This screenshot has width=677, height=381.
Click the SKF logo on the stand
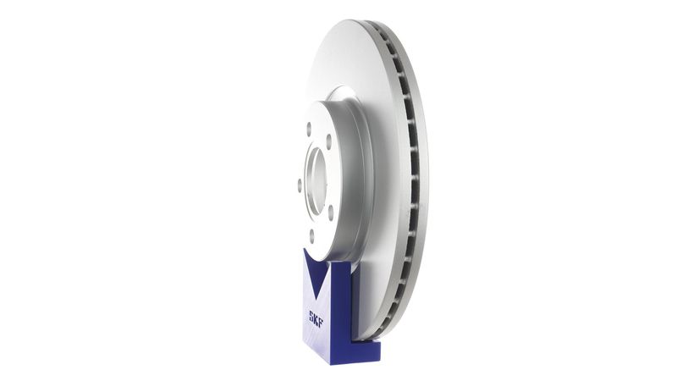316,319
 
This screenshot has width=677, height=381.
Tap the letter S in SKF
311,315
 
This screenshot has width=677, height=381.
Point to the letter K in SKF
316,319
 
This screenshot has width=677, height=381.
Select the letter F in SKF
321,323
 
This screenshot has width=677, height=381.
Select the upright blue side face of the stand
340,311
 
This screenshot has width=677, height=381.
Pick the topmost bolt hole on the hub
309,128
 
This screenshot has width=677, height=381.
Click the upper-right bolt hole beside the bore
329,141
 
